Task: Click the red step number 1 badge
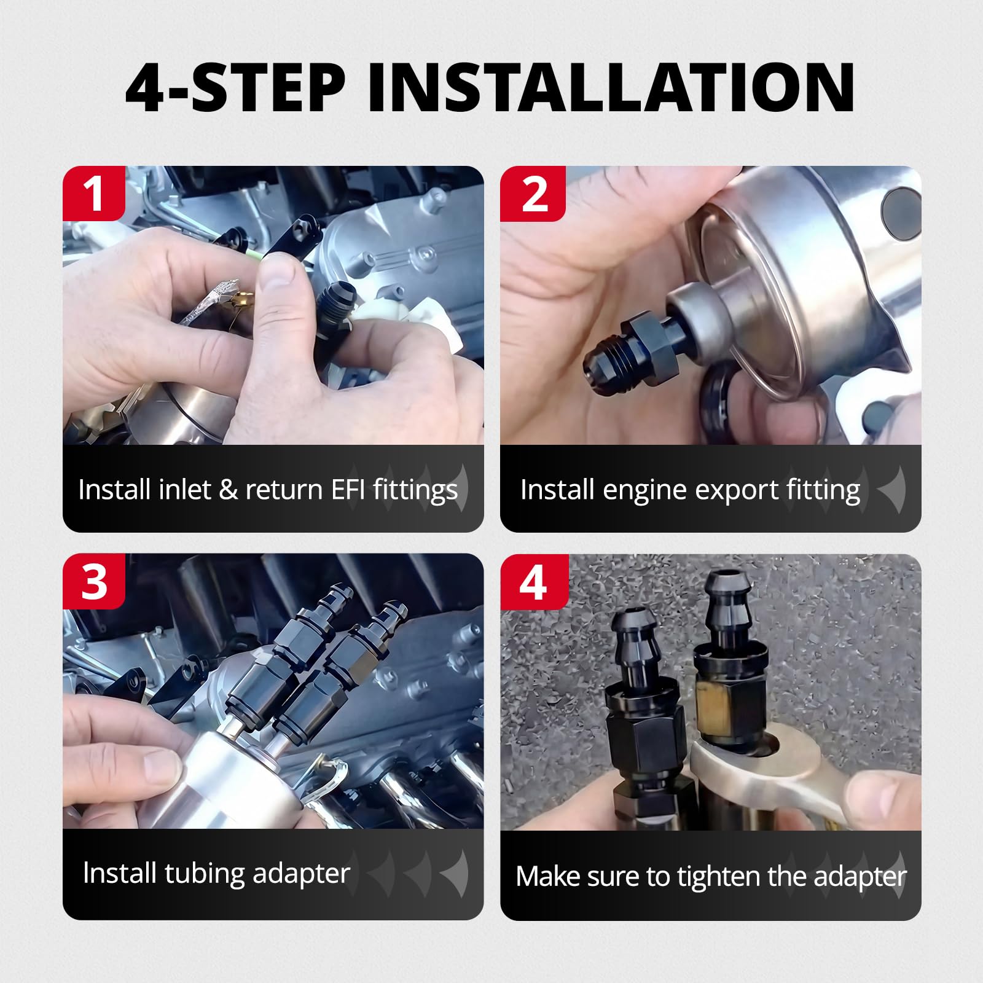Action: click(94, 194)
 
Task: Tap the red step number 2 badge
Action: click(533, 194)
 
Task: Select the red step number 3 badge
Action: click(94, 581)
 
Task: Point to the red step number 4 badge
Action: click(533, 581)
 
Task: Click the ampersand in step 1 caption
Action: click(228, 490)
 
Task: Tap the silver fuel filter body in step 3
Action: click(240, 780)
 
